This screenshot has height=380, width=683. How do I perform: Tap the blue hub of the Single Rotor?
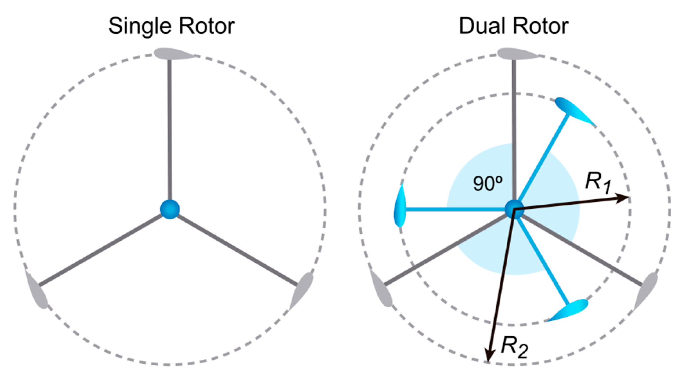[x=170, y=209]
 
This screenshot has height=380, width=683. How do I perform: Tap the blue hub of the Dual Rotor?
[x=514, y=209]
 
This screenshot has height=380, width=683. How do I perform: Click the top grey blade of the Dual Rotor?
[x=516, y=54]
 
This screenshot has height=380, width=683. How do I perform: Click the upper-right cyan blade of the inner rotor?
[x=573, y=110]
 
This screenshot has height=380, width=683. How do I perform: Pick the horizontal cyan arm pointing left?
[x=456, y=209]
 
